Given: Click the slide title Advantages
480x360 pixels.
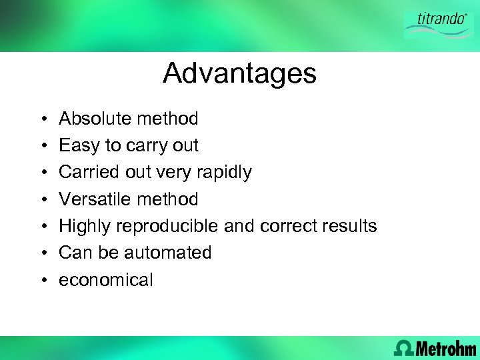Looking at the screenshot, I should point(239,73).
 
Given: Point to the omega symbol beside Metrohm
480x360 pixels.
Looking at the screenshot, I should point(403,348).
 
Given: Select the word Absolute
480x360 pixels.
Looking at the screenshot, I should point(95,119).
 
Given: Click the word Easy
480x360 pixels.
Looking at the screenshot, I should point(79,145).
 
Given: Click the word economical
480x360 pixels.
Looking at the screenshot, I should point(106,280).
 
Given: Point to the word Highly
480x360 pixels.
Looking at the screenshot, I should point(85,226).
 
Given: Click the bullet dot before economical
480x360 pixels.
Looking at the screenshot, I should point(42,281).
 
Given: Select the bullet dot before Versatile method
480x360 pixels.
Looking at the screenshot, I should point(42,200).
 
